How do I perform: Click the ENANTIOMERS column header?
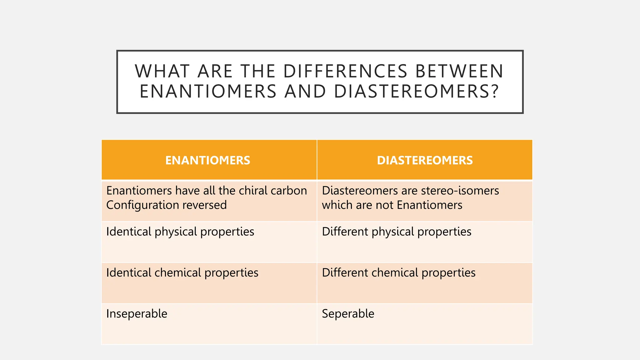[207, 160]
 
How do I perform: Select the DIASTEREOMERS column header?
[425, 160]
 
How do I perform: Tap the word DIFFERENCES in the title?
[345, 71]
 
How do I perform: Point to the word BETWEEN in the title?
[459, 71]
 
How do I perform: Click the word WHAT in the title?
[162, 71]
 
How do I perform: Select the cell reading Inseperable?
[137, 314]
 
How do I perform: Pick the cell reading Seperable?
[348, 314]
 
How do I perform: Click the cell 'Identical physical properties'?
[180, 232]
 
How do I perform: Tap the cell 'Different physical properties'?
[397, 232]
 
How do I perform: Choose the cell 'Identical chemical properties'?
[182, 273]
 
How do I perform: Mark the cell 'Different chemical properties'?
[399, 273]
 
